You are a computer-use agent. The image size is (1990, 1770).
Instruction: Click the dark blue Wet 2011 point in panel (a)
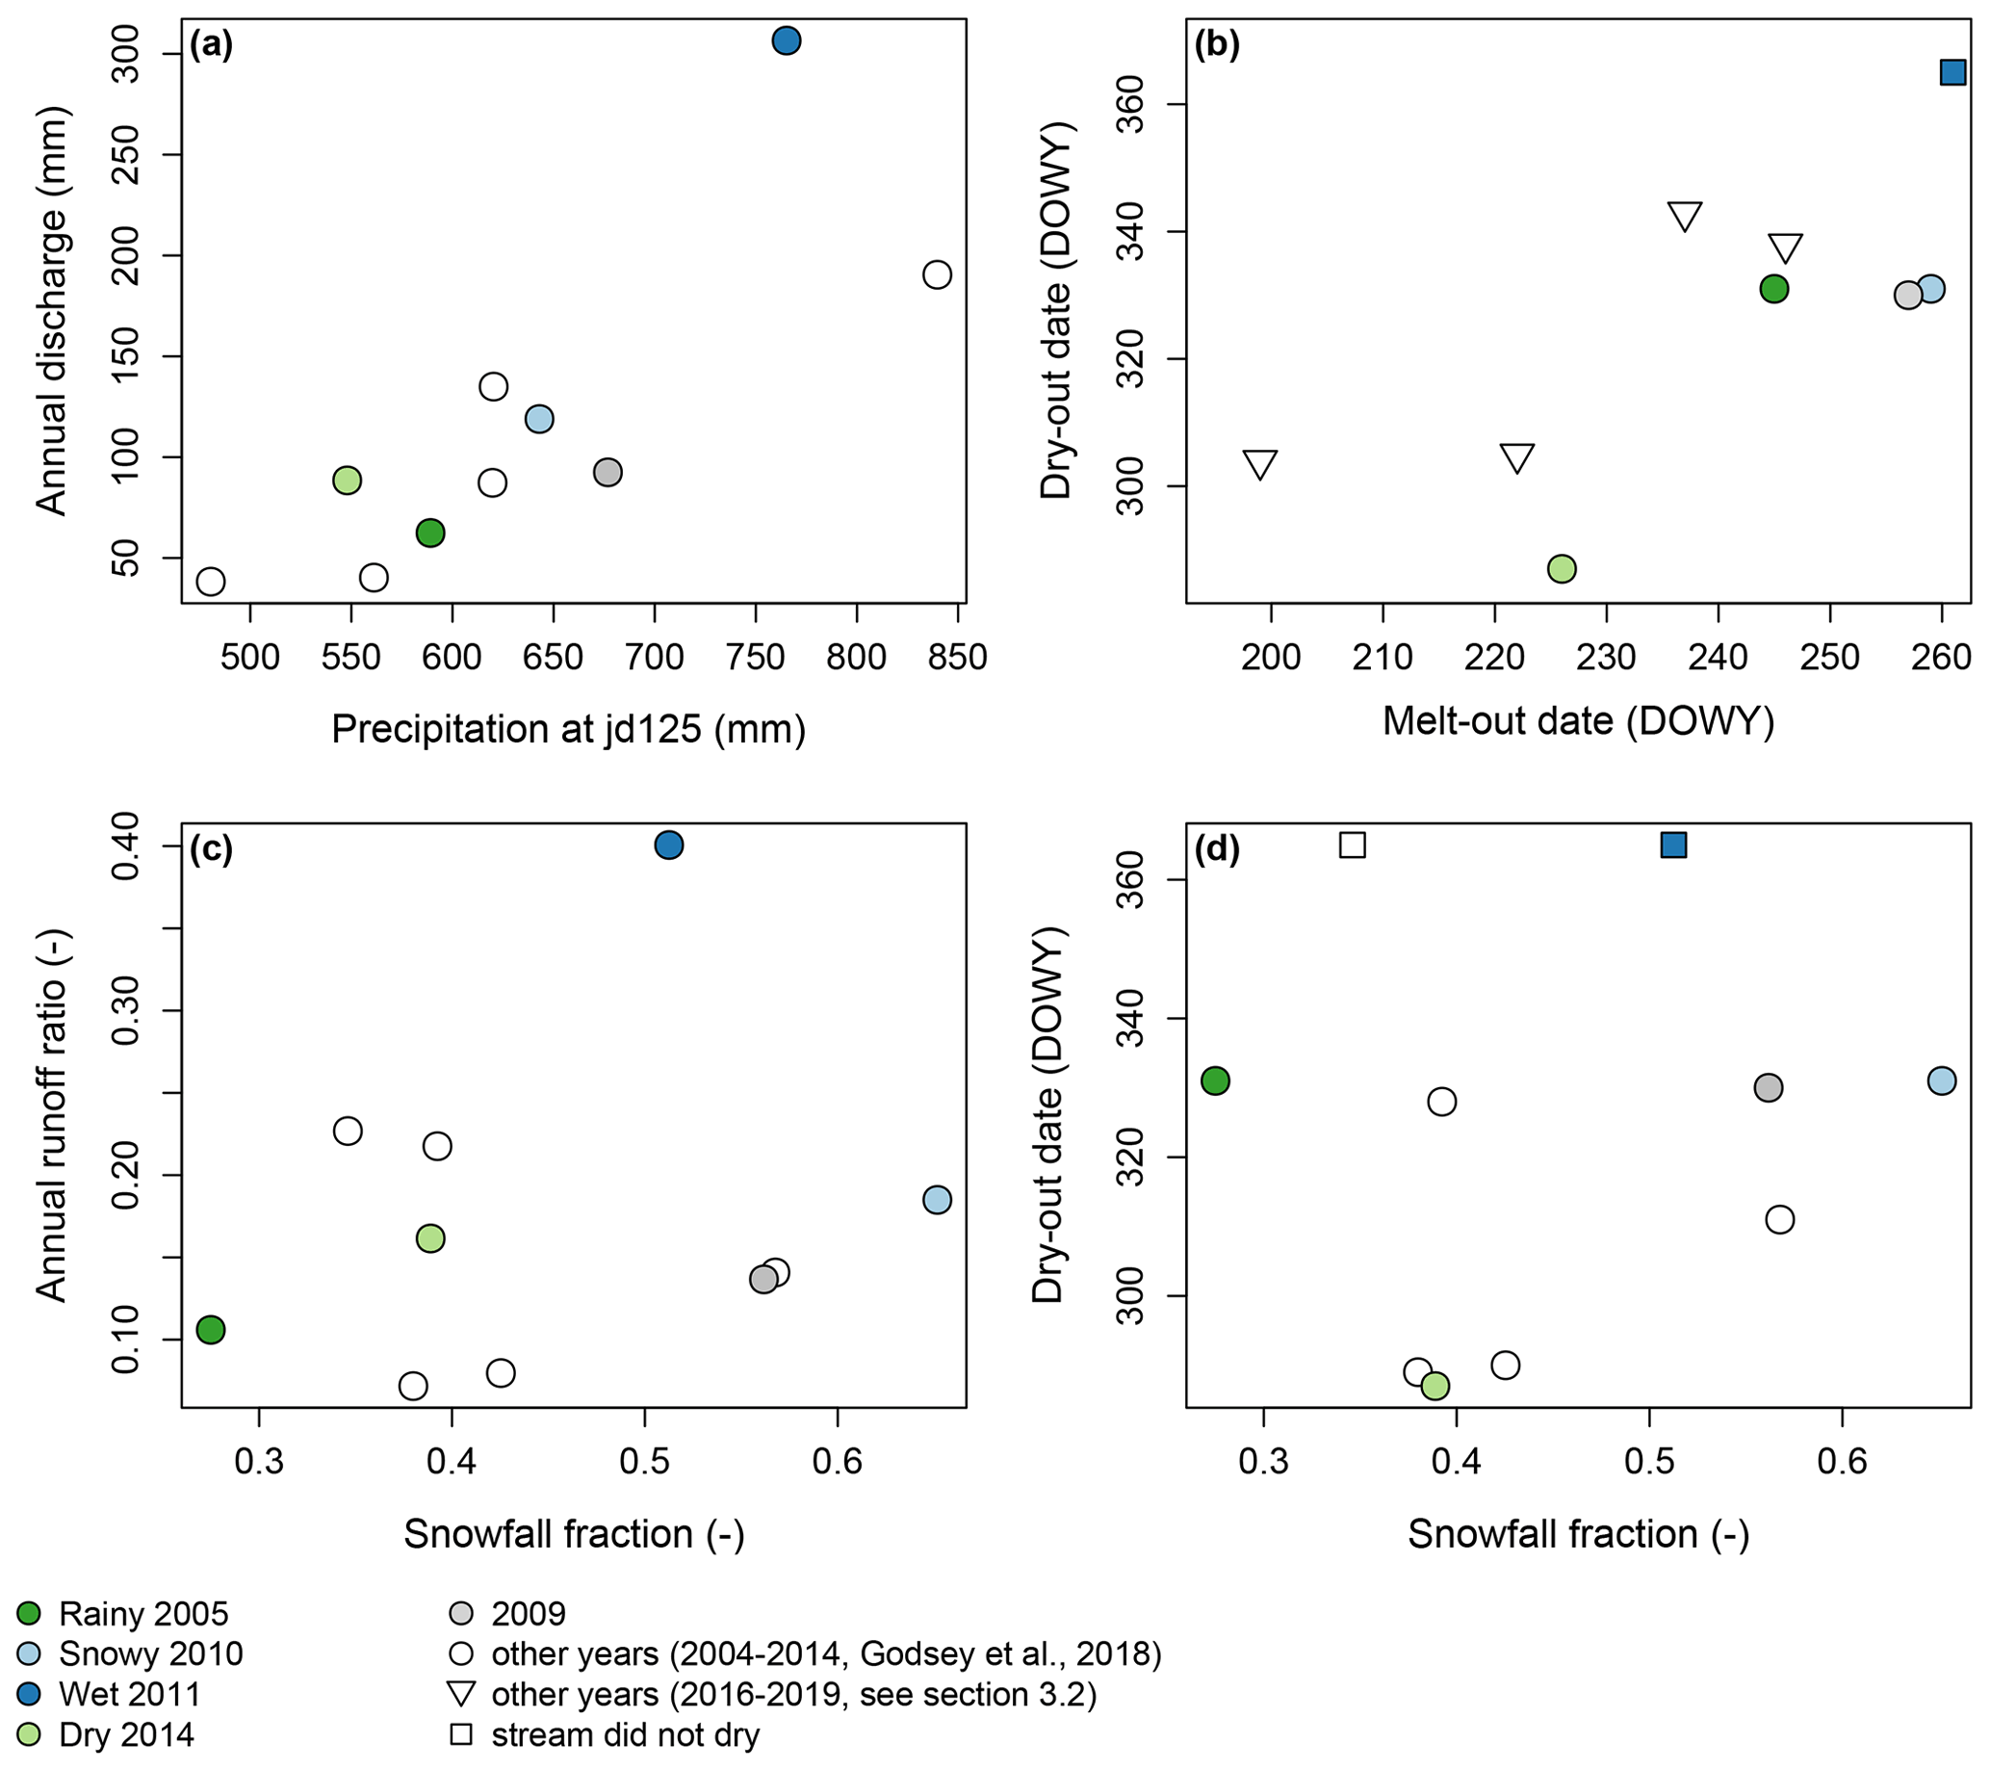tap(787, 40)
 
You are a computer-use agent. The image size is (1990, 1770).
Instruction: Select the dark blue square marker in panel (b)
tap(1953, 72)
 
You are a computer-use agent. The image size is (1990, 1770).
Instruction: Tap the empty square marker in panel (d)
tap(1353, 846)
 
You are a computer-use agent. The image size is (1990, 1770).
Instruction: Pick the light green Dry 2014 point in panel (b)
tap(1562, 568)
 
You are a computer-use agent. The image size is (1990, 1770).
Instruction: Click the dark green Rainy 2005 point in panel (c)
tap(211, 1330)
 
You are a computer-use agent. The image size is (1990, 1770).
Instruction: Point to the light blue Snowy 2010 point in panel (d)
tap(1941, 1080)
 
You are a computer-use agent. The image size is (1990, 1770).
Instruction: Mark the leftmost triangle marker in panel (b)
tap(1260, 464)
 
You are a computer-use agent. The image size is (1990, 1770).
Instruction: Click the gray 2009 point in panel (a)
tap(607, 472)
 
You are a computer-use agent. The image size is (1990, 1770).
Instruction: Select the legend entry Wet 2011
tap(129, 1694)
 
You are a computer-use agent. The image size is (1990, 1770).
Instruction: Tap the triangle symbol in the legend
tap(460, 1694)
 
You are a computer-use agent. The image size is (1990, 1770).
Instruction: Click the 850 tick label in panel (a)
tap(958, 658)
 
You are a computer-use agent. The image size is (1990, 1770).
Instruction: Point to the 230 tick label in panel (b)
tap(1607, 658)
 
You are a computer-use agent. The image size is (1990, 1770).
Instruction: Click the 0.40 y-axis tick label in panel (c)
tap(127, 846)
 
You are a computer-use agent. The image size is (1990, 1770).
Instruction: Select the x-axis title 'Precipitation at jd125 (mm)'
tap(569, 729)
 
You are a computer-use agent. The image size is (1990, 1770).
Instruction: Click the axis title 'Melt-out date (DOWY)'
tap(1578, 721)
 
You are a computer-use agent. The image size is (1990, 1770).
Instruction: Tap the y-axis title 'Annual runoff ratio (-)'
tap(51, 1115)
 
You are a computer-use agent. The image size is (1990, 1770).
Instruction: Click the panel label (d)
tap(1217, 850)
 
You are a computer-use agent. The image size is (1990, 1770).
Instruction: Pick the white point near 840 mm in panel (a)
tap(937, 274)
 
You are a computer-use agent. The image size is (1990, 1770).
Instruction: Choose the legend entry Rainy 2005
tap(143, 1613)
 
